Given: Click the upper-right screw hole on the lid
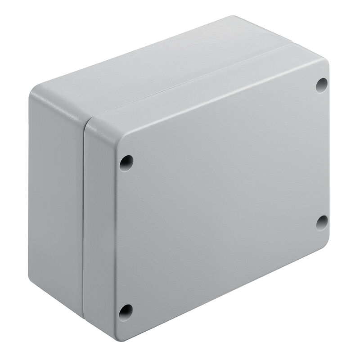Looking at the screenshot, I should click(321, 85).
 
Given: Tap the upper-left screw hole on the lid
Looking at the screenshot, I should click(126, 163).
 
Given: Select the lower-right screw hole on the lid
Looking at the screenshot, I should click(321, 222).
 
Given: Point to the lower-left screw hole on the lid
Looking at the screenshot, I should click(126, 311).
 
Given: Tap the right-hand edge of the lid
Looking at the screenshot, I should click(329, 153).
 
